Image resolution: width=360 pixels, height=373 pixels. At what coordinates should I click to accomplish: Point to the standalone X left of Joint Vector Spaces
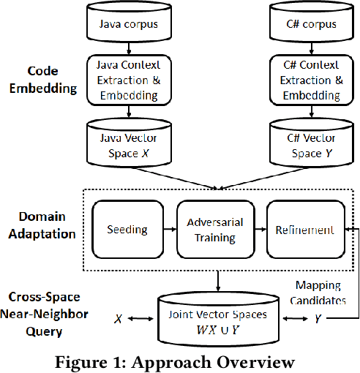(118, 319)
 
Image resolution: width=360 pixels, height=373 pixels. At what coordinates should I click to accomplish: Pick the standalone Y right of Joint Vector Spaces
(318, 319)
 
